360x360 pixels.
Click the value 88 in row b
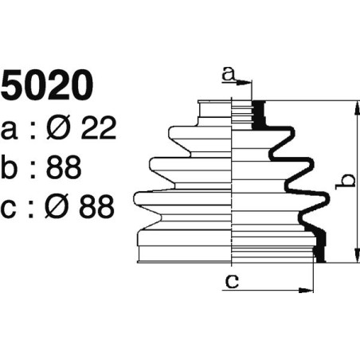tap(62, 167)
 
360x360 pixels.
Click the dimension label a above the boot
tap(229, 74)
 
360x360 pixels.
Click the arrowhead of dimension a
tap(248, 82)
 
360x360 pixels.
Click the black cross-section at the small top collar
tap(257, 115)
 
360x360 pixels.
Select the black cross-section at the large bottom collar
tap(321, 247)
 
